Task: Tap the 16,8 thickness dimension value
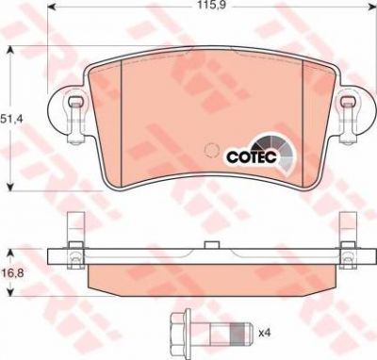(11, 273)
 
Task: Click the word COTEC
(252, 156)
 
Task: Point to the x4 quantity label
(264, 333)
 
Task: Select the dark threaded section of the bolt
(238, 333)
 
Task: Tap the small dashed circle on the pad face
(210, 150)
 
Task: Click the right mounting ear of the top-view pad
(355, 113)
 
